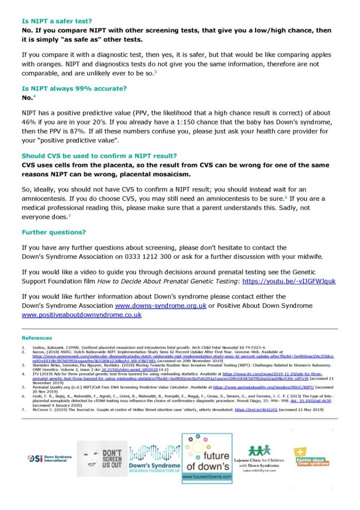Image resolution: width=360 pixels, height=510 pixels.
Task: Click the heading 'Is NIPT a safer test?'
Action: (57, 21)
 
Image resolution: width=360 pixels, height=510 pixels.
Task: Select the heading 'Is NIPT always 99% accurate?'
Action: (74, 88)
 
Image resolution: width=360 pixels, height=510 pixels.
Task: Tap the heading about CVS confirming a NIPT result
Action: (100, 155)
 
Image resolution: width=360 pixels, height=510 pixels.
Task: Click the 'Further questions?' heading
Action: (54, 232)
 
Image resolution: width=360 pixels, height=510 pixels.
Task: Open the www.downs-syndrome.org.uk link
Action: (160, 305)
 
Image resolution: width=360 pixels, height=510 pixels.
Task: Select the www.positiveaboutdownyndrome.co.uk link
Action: (82, 315)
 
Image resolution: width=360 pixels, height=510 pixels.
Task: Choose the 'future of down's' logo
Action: (207, 458)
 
